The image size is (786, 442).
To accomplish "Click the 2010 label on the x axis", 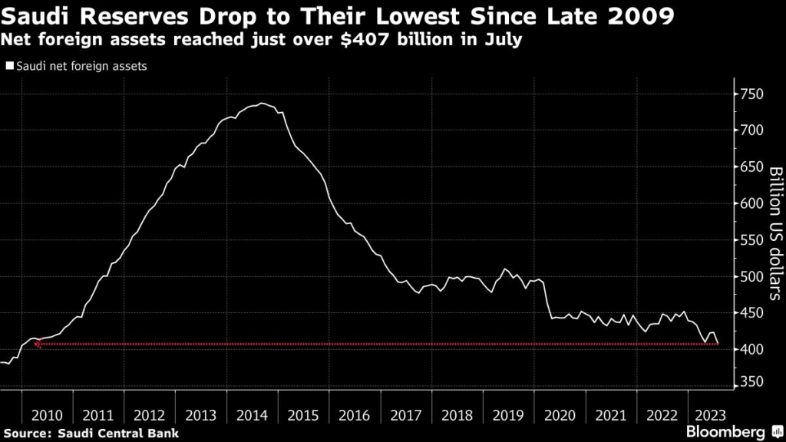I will point(46,415).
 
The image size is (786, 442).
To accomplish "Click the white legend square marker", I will point(9,66).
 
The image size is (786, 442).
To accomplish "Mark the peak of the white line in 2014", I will point(261,104).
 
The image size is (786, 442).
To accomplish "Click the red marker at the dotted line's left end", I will point(38,344).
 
